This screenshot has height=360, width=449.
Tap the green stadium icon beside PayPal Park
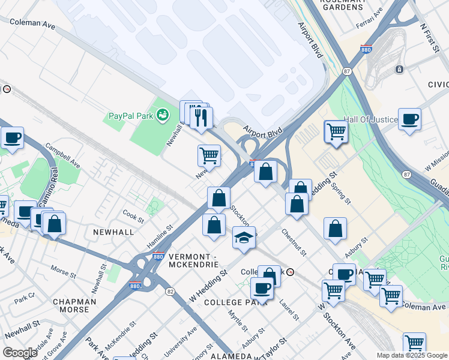(x=162, y=114)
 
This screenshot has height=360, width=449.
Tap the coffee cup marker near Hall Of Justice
(x=409, y=119)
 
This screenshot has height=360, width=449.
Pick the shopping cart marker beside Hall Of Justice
(x=336, y=131)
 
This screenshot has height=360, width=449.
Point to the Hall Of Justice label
(x=370, y=120)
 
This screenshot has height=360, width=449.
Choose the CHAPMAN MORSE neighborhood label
(x=74, y=305)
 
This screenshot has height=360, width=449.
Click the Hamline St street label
(x=160, y=238)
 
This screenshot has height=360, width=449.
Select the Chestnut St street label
(x=294, y=243)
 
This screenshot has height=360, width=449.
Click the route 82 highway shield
(x=170, y=291)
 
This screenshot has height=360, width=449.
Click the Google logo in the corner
(x=20, y=353)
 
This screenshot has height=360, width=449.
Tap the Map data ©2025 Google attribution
(x=411, y=355)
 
